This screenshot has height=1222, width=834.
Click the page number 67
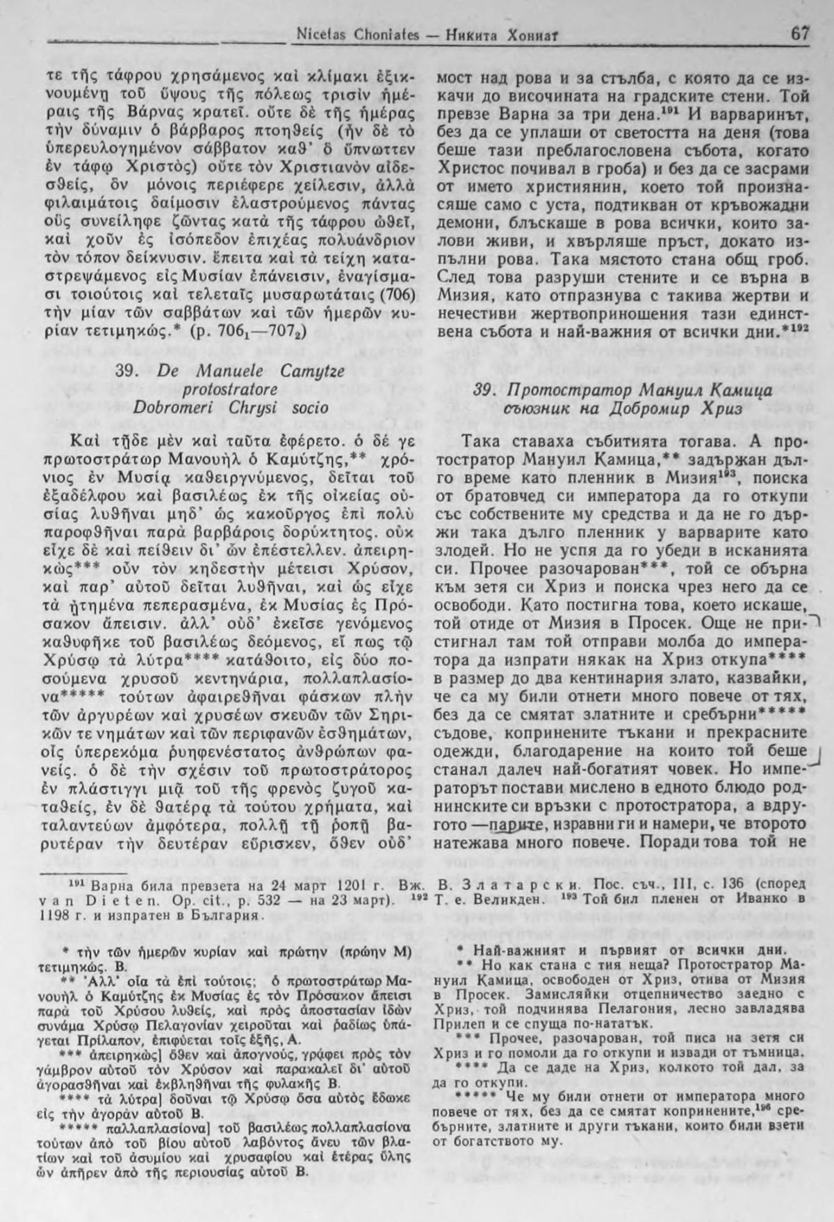pos(799,34)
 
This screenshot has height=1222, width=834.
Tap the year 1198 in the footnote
pos(58,918)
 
